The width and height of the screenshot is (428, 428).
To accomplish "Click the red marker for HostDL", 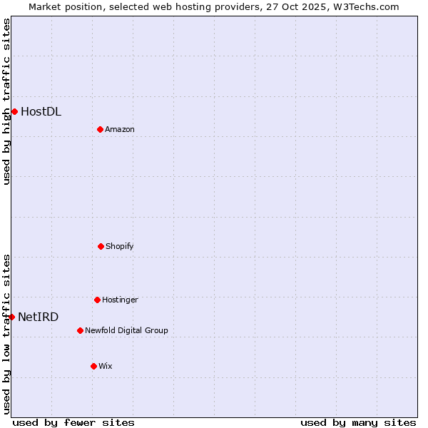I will [14, 111].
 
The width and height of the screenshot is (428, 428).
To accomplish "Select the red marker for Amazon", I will [100, 129].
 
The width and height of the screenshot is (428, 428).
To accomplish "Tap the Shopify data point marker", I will [101, 246].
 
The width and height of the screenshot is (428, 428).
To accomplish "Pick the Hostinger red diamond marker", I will [97, 300].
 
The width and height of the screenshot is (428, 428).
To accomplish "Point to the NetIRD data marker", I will [11, 317].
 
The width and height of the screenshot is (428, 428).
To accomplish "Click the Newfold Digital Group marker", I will [80, 330].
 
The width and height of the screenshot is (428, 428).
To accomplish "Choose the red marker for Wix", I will [93, 366].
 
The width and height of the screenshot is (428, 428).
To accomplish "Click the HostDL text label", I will [41, 111].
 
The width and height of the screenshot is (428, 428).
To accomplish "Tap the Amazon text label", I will [120, 129].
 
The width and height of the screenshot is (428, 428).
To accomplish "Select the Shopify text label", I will [120, 246].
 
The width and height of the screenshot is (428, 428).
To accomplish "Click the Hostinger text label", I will [120, 300].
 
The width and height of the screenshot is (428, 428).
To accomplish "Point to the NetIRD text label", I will [39, 317].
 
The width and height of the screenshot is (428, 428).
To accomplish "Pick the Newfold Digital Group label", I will [126, 330].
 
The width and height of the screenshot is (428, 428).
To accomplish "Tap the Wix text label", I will [106, 366].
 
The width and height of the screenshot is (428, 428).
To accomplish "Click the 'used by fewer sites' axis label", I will [73, 422].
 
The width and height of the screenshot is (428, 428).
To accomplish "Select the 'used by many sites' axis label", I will [358, 422].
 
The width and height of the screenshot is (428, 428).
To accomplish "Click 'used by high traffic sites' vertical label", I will [6, 101].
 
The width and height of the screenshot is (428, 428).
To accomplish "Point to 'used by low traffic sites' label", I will [6, 333].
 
